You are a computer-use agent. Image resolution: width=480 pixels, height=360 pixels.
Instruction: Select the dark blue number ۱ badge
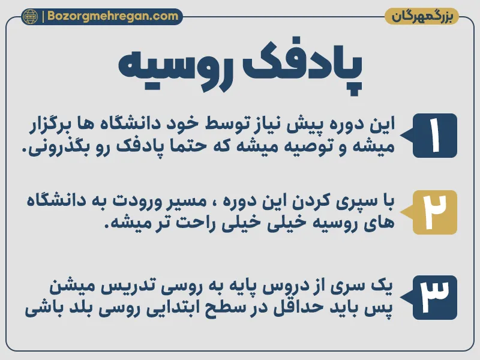pos(434,136)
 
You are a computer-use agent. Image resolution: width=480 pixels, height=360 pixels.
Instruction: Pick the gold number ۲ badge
pos(434,212)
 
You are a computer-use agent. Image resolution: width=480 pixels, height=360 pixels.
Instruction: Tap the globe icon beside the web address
pos(29,16)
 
